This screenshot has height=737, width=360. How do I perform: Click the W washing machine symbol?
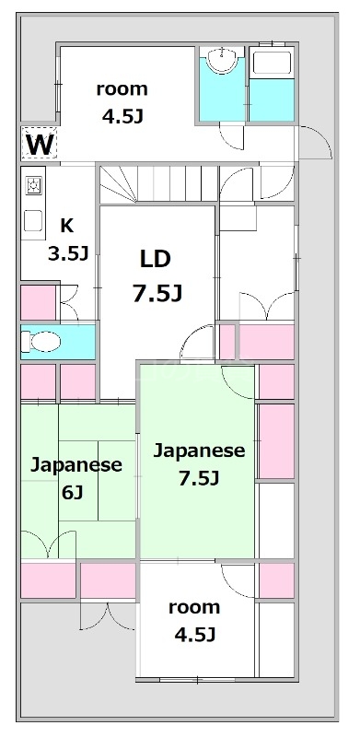(x=39, y=144)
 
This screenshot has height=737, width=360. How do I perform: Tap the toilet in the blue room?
(x=41, y=342)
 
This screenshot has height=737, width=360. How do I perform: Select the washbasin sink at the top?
(x=221, y=60)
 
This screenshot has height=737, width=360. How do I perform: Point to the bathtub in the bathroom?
(x=272, y=64)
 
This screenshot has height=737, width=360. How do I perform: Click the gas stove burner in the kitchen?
(x=33, y=186)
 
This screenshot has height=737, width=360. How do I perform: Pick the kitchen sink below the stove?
(x=33, y=220)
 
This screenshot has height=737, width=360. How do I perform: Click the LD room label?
(x=155, y=259)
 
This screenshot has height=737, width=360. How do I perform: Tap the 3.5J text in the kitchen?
(x=68, y=254)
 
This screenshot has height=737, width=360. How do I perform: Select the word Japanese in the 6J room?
(x=76, y=465)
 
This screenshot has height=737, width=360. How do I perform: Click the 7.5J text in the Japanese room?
(x=199, y=479)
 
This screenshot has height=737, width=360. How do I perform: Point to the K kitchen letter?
(x=66, y=226)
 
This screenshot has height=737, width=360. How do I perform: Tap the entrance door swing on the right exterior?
(x=316, y=142)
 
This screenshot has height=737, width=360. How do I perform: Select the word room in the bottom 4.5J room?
(x=194, y=607)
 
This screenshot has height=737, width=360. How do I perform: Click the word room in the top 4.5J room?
(x=122, y=88)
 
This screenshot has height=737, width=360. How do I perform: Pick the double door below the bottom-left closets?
(x=108, y=616)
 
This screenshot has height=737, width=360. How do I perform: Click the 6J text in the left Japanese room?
(x=72, y=493)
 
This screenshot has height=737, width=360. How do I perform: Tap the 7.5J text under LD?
(x=157, y=294)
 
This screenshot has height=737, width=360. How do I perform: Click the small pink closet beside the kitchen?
(x=39, y=303)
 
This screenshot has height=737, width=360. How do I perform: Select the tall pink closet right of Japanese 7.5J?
(x=276, y=441)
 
